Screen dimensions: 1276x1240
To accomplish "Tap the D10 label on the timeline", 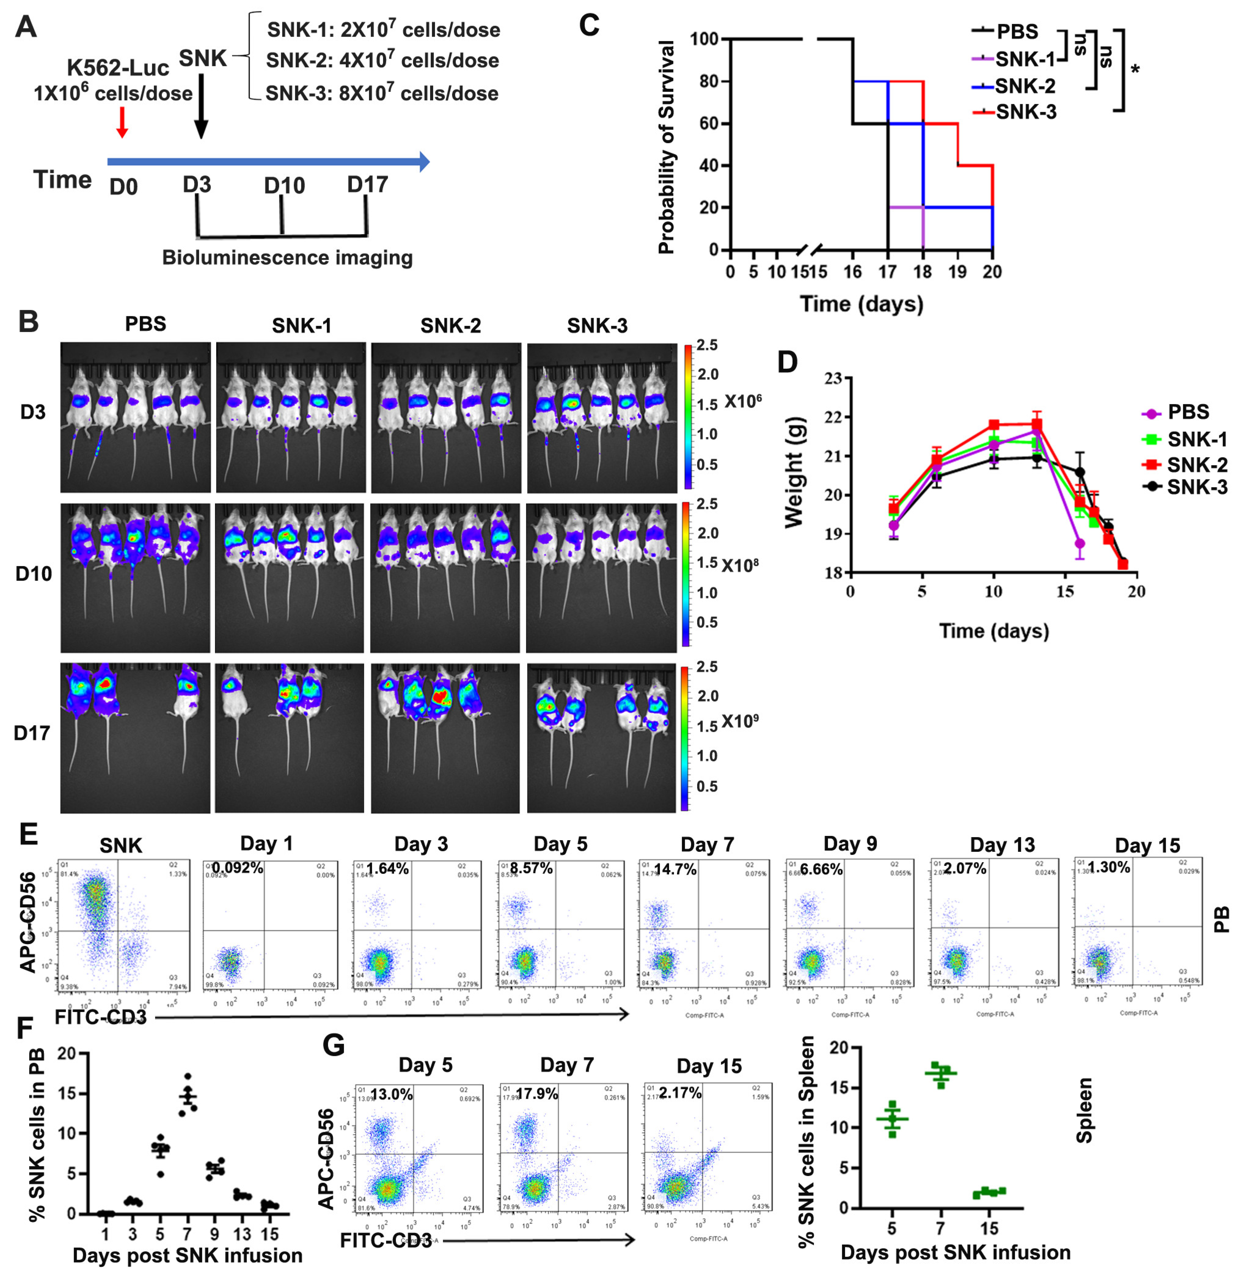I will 284,186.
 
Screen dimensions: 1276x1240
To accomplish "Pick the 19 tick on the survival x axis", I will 957,272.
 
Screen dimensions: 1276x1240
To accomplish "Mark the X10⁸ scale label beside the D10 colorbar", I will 740,565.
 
